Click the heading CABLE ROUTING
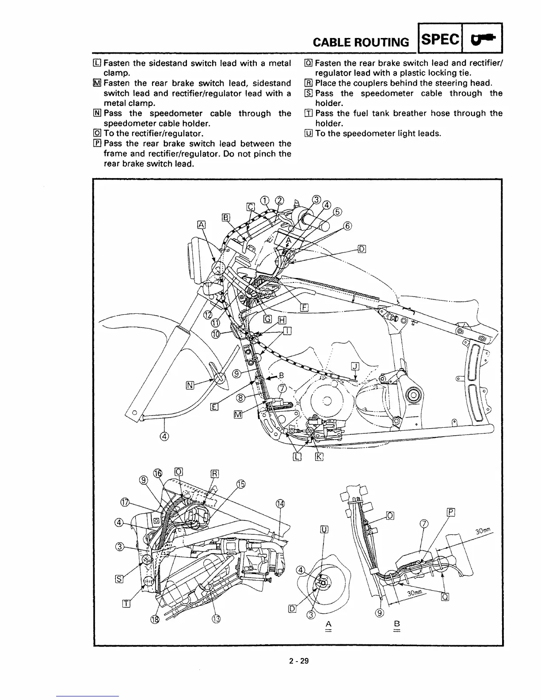pyautogui.click(x=360, y=42)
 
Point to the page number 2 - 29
pyautogui.click(x=299, y=661)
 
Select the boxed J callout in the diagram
pyautogui.click(x=355, y=366)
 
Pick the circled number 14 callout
pyautogui.click(x=280, y=504)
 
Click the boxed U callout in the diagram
pyautogui.click(x=324, y=529)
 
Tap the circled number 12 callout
pyautogui.click(x=207, y=315)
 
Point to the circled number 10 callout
pyautogui.click(x=216, y=335)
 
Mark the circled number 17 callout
pyautogui.click(x=125, y=502)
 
